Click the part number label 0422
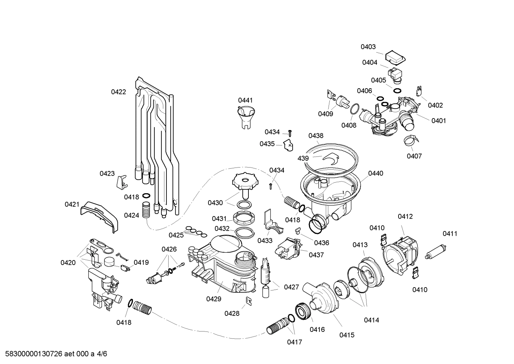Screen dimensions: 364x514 (118, 92)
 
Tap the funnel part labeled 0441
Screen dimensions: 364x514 (245, 116)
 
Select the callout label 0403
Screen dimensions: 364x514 (368, 47)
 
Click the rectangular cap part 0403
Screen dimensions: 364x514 (396, 56)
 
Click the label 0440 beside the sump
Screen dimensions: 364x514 (375, 173)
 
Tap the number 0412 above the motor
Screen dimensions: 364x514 (405, 216)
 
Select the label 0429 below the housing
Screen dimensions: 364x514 (214, 299)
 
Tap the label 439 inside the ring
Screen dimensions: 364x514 (303, 158)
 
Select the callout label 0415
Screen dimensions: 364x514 (346, 335)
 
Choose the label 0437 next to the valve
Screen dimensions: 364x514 (316, 255)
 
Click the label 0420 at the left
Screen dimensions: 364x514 (68, 263)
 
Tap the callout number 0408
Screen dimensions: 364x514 (349, 125)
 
